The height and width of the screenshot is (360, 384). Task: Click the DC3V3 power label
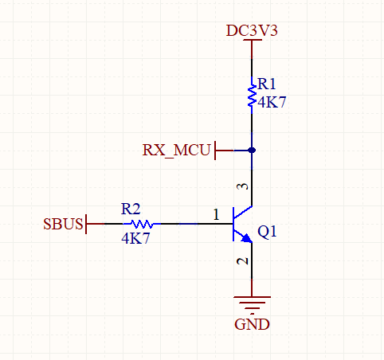252,30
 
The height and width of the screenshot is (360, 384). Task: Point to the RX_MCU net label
177,150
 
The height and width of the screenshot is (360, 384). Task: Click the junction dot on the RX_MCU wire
252,150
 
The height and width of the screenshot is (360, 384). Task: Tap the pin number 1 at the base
216,214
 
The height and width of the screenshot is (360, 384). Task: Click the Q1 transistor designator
267,233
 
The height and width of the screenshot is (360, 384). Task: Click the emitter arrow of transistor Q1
246,237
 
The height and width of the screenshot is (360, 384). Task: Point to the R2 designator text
131,209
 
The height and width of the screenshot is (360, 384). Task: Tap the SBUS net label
62,224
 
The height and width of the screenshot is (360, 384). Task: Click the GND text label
252,325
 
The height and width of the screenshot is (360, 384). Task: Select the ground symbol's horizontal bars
252,303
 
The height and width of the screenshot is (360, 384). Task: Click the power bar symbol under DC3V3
252,41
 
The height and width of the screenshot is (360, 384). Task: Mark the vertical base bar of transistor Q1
233,224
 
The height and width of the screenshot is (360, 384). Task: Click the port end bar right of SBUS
85,224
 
